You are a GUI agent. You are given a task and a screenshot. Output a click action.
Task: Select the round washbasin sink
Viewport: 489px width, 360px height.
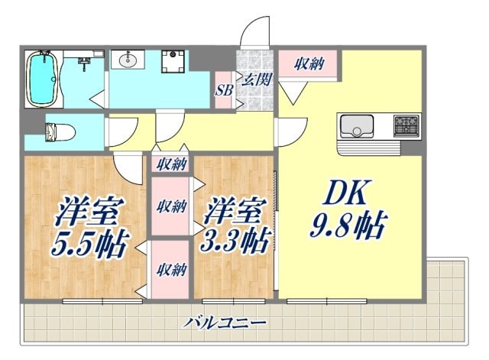click(x=127, y=61)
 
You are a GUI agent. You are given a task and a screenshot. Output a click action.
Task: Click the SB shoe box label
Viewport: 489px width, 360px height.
click(x=224, y=89)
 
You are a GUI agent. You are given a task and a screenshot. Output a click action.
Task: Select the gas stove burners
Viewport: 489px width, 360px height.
click(x=406, y=125)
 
